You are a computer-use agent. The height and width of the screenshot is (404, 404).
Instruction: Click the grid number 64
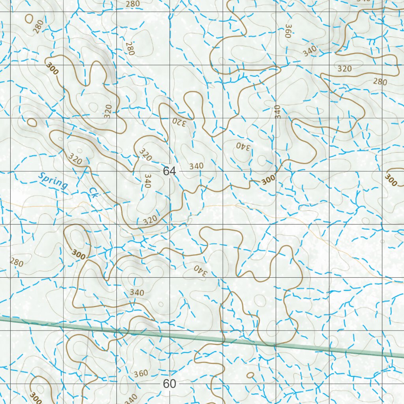pyautogui.click(x=169, y=171)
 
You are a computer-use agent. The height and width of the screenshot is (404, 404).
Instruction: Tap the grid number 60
pyautogui.click(x=169, y=383)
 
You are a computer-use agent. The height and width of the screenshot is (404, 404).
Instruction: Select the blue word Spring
pyautogui.click(x=53, y=180)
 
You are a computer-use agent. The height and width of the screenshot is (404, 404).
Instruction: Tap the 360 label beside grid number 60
pyautogui.click(x=141, y=373)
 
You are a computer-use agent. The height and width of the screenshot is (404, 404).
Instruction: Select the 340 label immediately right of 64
pyautogui.click(x=196, y=166)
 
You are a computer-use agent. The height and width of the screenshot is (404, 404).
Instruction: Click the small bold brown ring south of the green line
pyautogui.click(x=250, y=375)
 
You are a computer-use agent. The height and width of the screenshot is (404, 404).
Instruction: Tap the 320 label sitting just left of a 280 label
pyautogui.click(x=344, y=69)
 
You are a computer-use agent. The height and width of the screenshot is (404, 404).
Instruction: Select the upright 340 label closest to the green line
pyautogui.click(x=137, y=292)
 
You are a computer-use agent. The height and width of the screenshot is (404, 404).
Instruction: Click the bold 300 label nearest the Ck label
pyautogui.click(x=79, y=254)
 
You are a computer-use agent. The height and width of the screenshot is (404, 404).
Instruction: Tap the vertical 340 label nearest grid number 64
pyautogui.click(x=148, y=181)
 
